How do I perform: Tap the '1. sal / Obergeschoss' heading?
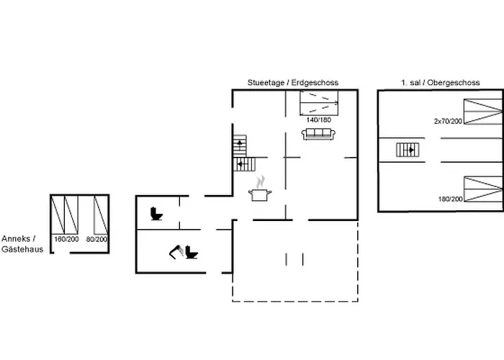click(440, 83)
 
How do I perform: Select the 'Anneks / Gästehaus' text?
click(22, 243)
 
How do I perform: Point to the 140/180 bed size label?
click(318, 120)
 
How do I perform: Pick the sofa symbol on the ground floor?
click(318, 134)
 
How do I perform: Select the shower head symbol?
click(176, 251)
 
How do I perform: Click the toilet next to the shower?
click(192, 252)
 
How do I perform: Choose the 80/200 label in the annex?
click(97, 239)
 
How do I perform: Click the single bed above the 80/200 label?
click(95, 215)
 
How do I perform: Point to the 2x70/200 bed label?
click(447, 121)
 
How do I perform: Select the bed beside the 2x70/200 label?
click(482, 112)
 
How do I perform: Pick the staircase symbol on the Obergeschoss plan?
click(407, 150)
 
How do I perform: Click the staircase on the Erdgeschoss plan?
click(240, 155)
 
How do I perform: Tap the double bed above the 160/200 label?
click(66, 215)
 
